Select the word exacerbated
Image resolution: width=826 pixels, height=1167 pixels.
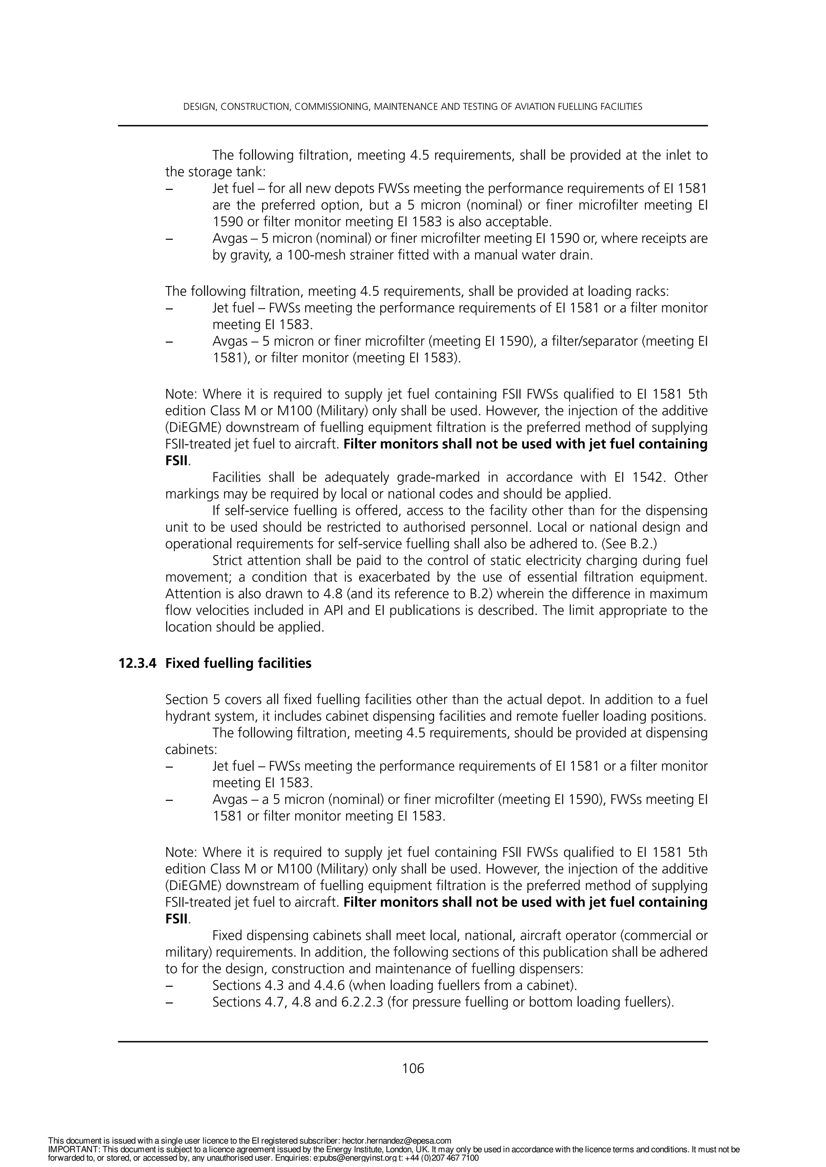click(x=391, y=577)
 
